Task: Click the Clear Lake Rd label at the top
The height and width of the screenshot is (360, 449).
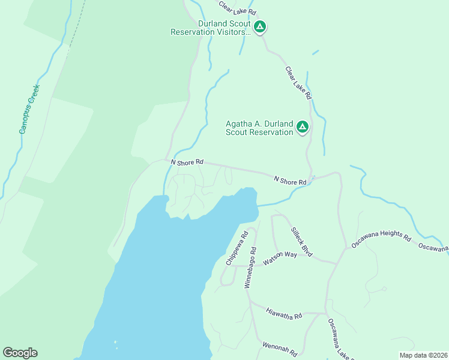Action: pos(237,8)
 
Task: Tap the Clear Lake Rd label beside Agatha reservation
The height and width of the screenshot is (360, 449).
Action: pos(298,83)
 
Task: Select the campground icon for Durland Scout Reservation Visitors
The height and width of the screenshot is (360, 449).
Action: pos(260,27)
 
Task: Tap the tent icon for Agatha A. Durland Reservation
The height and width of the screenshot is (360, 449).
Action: pos(303,127)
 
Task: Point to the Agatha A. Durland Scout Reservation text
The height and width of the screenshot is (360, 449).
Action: pos(259,128)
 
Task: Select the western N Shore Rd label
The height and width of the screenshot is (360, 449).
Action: pos(187,162)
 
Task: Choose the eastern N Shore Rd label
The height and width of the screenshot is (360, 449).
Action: pos(291,180)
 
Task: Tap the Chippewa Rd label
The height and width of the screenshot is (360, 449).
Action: pos(237,249)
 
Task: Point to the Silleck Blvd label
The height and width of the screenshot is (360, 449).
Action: pos(301,242)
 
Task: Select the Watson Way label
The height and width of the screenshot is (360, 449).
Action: pos(280,259)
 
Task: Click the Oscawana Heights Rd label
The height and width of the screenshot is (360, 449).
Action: pos(381,238)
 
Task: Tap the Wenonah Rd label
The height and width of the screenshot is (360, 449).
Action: pos(280,350)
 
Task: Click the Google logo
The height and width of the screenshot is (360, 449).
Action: pos(20,353)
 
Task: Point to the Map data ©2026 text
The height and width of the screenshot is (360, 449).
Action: pos(423,355)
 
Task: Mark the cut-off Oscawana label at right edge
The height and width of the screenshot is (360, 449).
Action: pos(433,247)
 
